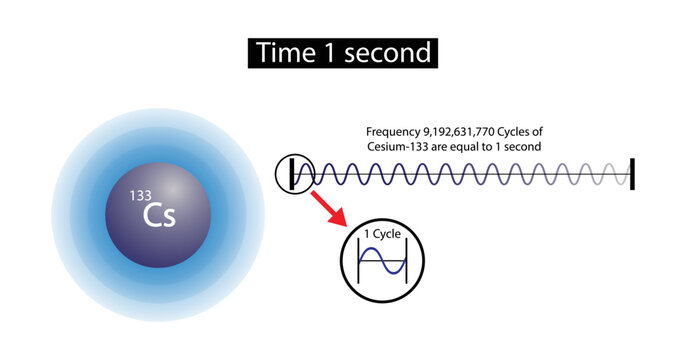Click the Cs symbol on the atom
pos(160,216)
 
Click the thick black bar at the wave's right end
pos(633,174)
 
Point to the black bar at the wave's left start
pos(292,174)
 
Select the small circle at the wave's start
pos(294,174)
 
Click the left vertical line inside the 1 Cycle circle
pos(358,264)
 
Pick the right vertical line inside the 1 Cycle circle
pos(402,264)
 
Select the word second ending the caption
pos(520,146)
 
